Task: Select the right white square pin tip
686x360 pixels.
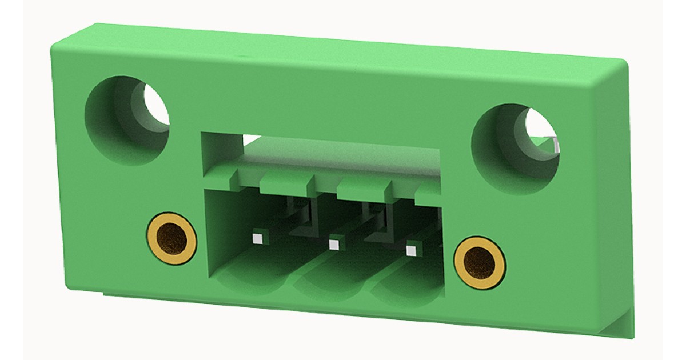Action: pyautogui.click(x=410, y=250)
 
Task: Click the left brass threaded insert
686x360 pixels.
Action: pyautogui.click(x=171, y=239)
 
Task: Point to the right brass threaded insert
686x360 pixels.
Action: pyautogui.click(x=479, y=262)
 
